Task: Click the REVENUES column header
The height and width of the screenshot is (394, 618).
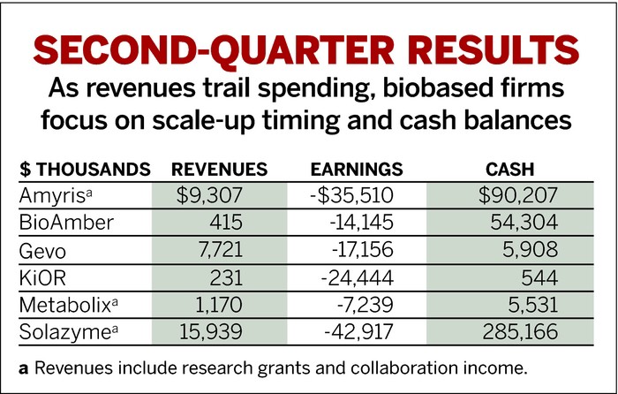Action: (x=218, y=169)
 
